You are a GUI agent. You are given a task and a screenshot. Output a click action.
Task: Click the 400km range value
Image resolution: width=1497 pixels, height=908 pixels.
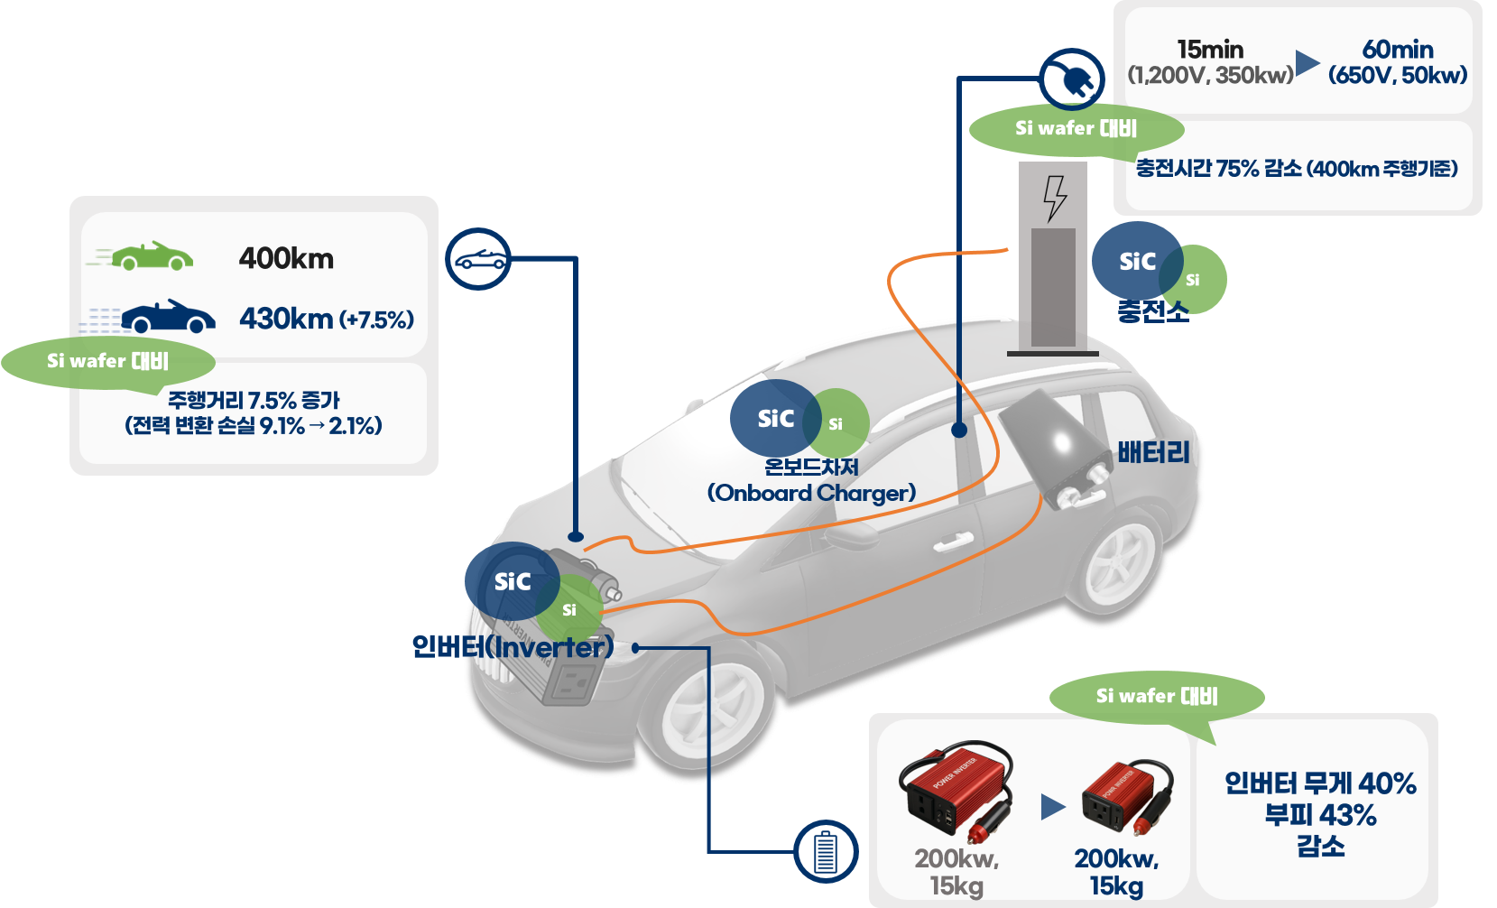tap(286, 259)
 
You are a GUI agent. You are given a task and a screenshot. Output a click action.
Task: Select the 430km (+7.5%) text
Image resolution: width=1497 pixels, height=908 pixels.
tap(326, 319)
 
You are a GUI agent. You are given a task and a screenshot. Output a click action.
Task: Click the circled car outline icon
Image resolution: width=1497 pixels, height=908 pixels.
tap(478, 259)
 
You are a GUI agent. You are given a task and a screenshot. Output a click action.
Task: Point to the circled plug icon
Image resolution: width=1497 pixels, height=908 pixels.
tap(1072, 79)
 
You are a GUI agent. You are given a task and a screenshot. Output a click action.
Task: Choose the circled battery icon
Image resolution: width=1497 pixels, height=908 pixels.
tap(826, 851)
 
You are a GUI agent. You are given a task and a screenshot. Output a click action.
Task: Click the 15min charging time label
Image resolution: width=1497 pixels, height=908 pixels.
tap(1210, 50)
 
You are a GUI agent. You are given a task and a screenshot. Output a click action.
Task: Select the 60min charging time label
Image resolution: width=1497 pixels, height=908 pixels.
tap(1398, 50)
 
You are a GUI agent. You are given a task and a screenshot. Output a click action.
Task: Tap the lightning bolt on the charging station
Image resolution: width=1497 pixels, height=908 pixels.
tap(1054, 198)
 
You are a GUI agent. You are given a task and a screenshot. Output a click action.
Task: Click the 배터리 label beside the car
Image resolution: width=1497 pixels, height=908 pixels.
tap(1153, 452)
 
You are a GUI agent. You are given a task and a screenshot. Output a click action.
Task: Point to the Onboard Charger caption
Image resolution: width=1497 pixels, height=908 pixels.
tap(811, 493)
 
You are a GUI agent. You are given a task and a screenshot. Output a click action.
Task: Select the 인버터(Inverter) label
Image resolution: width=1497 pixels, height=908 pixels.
tap(513, 646)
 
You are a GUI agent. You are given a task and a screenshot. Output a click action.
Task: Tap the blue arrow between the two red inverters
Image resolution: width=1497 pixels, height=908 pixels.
tap(1052, 806)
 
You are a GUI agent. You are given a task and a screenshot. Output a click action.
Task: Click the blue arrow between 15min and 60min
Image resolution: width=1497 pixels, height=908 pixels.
tap(1307, 62)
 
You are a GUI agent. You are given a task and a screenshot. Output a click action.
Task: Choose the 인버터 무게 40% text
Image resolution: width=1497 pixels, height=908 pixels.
tap(1320, 783)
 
